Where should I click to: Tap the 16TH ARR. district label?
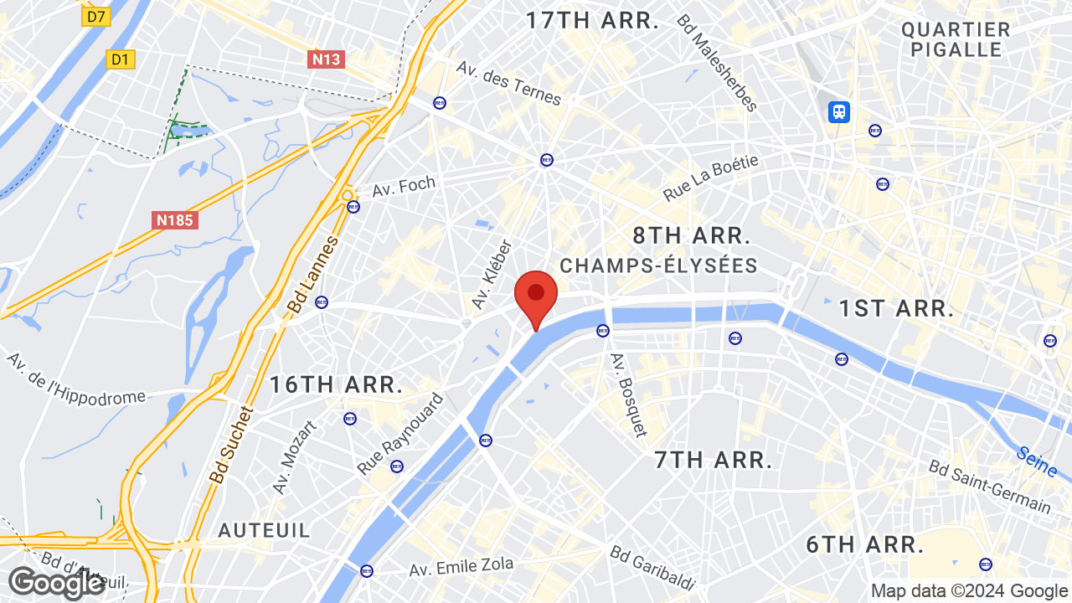[x=336, y=385]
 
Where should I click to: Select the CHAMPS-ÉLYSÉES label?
[x=658, y=266]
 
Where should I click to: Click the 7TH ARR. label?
[x=713, y=460]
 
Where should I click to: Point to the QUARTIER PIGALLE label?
[x=956, y=39]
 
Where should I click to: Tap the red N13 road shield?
[x=326, y=59]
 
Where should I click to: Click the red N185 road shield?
[x=175, y=220]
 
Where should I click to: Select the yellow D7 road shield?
[x=97, y=16]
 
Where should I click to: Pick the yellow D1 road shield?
[x=121, y=59]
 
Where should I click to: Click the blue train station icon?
[x=838, y=111]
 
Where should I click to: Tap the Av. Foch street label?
[x=405, y=185]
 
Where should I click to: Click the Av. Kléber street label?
[x=492, y=273]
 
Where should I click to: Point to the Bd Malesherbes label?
[x=717, y=63]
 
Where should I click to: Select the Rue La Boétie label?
[x=710, y=178]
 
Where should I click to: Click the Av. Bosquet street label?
[x=629, y=394]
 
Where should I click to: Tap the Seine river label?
[x=1037, y=461]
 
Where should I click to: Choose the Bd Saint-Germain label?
[x=990, y=487]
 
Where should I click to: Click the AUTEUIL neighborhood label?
[x=264, y=530]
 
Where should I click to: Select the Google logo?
[x=56, y=583]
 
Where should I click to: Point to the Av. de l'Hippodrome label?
[x=76, y=379]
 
